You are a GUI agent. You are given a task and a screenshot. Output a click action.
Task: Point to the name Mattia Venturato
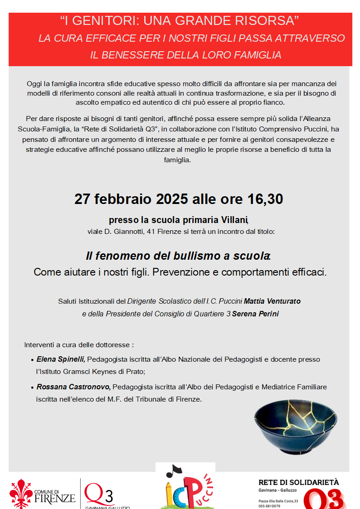272,301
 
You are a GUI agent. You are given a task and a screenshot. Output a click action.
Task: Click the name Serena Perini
255,314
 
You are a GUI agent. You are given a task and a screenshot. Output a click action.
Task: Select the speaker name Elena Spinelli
61,359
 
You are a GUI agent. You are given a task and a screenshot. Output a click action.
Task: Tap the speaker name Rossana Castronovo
73,387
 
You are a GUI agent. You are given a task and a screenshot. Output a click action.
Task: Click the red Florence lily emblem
21,493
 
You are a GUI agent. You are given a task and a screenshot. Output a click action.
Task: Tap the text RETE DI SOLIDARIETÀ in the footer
298,483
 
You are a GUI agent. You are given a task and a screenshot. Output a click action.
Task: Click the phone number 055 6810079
269,506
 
